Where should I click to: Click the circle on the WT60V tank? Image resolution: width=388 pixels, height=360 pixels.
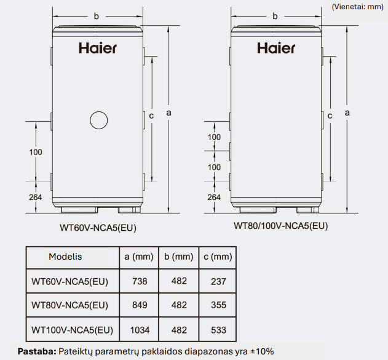coord(99,112)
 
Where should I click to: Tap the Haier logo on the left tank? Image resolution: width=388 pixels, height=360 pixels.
coord(98,48)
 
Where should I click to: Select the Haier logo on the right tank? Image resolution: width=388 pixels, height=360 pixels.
coord(276,48)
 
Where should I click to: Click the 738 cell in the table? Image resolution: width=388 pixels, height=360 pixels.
coord(140,281)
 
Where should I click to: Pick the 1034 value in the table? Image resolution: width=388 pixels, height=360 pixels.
coord(140,330)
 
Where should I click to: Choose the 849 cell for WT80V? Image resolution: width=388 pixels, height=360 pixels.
coord(140,305)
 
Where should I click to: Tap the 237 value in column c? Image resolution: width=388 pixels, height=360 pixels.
coord(218,281)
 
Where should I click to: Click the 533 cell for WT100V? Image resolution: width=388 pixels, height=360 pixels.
coord(218,330)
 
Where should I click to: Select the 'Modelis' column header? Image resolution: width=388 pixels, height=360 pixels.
coord(65,257)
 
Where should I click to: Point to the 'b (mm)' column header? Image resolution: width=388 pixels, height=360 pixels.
coord(179,257)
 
